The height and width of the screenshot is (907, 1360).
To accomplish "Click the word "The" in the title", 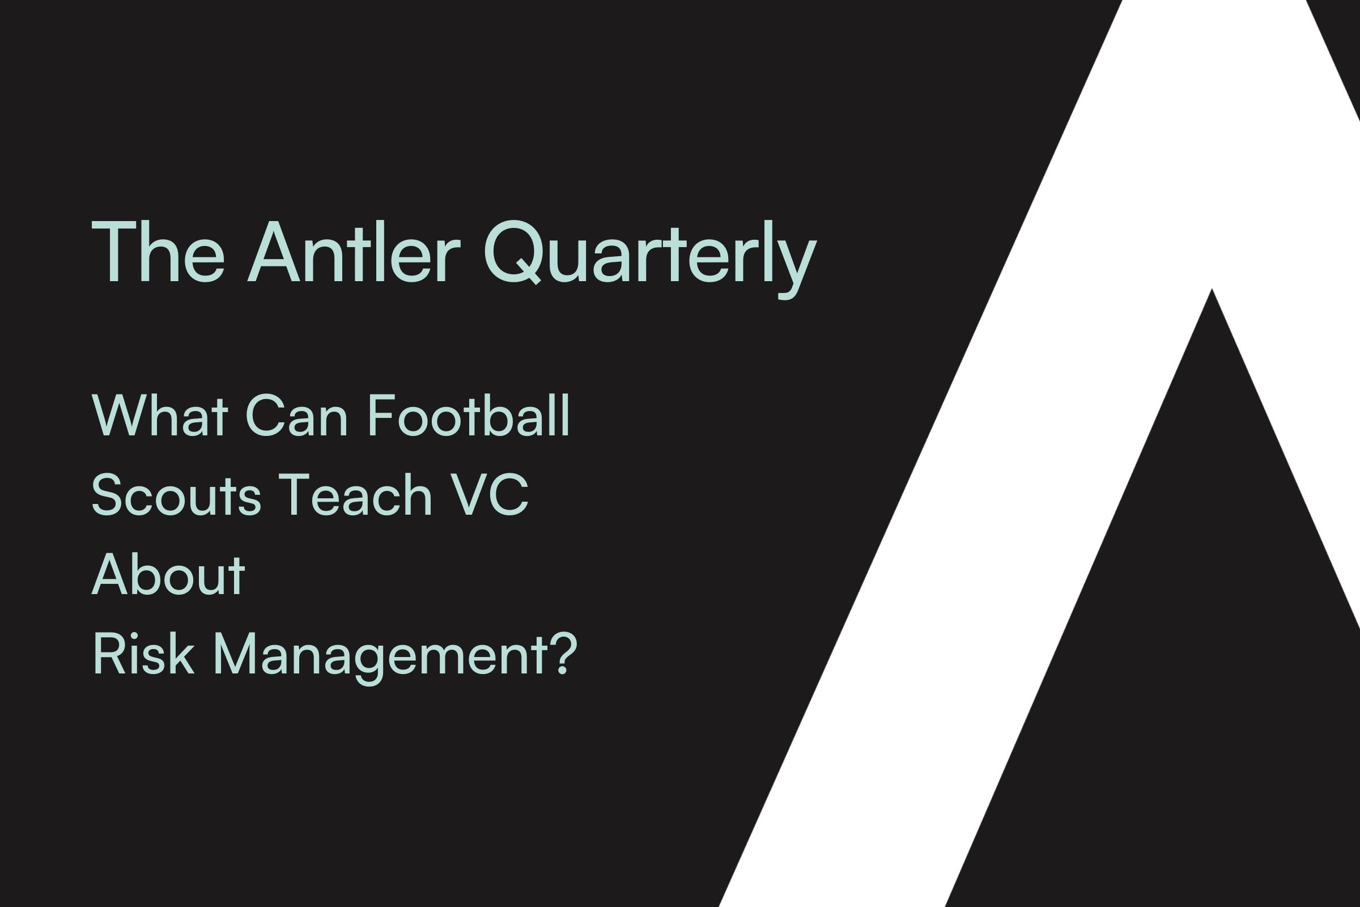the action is click(158, 252).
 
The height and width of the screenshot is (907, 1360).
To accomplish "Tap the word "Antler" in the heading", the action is click(354, 252).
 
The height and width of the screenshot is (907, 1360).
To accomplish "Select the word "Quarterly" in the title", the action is click(650, 259).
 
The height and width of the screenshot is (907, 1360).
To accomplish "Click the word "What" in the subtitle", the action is click(160, 416).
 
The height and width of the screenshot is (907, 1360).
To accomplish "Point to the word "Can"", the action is click(296, 416).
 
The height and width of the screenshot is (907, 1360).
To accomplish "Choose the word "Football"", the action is click(469, 415).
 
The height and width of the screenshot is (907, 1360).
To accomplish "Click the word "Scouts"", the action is click(176, 494).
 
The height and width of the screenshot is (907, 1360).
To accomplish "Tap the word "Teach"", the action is click(356, 494).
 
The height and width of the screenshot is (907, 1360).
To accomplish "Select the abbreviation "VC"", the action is click(489, 494).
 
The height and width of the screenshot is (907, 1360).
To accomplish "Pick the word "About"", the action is click(168, 574).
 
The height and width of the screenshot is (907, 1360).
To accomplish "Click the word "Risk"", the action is click(143, 653).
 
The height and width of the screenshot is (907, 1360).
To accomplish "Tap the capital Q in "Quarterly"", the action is click(512, 253).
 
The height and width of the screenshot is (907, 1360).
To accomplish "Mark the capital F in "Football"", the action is click(381, 416).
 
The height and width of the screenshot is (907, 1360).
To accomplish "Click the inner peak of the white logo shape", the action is click(1212, 289).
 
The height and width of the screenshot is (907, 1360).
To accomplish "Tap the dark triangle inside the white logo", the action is click(1185, 665).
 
